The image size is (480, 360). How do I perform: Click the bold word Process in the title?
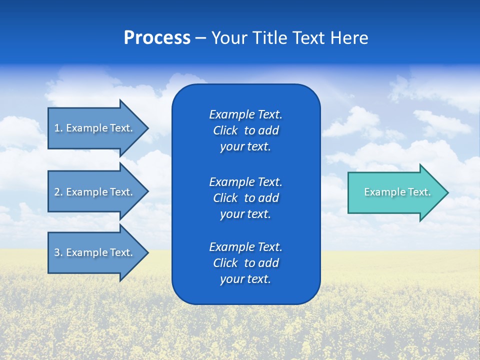click(157, 38)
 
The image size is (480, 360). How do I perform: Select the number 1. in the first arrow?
click(58, 128)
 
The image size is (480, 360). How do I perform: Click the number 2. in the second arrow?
click(58, 192)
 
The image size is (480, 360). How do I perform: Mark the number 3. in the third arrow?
click(58, 252)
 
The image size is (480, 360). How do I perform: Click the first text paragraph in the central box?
click(245, 130)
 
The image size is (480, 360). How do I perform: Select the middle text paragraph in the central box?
click(245, 197)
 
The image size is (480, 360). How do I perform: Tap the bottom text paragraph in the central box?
click(245, 263)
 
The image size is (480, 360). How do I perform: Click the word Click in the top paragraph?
click(225, 130)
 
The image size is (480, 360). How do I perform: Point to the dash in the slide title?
click(200, 38)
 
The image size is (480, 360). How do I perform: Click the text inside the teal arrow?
click(397, 192)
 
